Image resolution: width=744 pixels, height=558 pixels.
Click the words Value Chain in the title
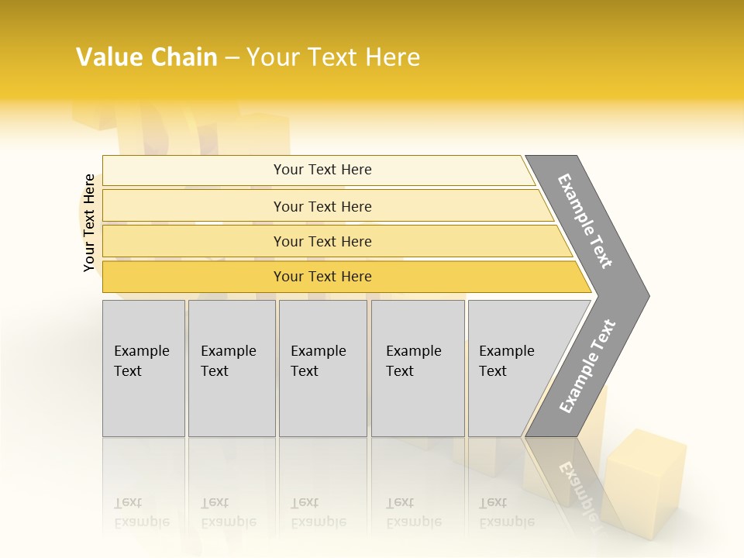146,57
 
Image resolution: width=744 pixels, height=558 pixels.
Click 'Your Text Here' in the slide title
333,57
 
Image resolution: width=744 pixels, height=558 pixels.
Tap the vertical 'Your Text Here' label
89,223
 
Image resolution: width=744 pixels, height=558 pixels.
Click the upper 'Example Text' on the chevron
585,221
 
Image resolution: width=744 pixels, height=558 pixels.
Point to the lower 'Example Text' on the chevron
587,367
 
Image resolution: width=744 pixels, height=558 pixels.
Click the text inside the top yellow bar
322,170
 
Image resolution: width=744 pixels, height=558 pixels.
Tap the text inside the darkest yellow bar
322,277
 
